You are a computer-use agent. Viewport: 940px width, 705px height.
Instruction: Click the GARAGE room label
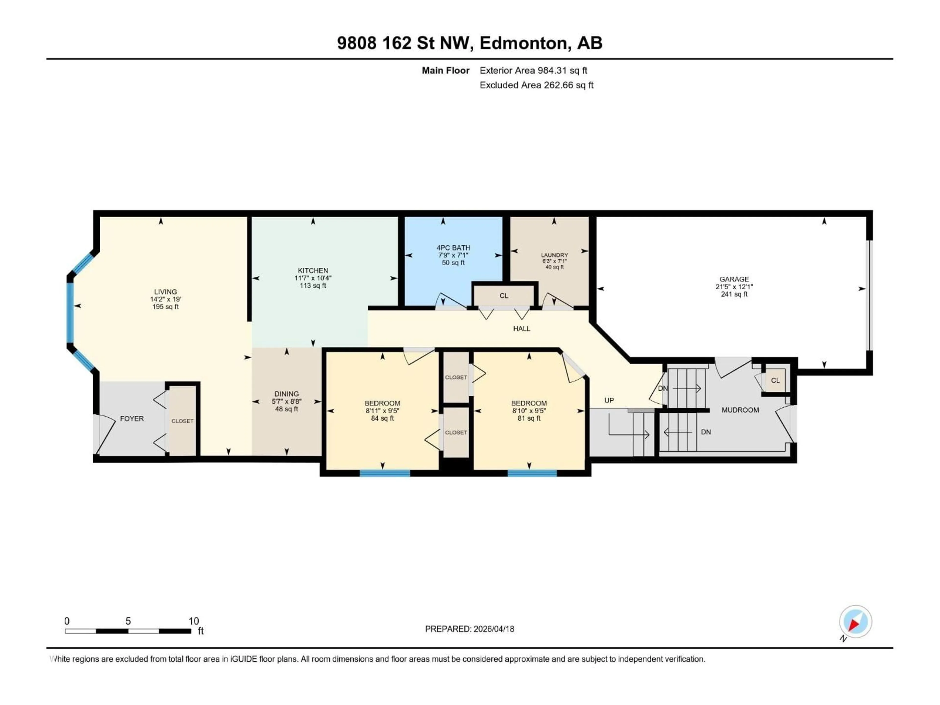click(734, 279)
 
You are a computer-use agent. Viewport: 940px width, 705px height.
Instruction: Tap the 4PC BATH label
click(453, 248)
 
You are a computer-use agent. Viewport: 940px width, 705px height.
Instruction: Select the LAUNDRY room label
click(554, 255)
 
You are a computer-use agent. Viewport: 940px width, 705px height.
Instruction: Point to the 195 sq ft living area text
click(165, 307)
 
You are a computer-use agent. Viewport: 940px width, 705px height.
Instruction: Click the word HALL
click(521, 329)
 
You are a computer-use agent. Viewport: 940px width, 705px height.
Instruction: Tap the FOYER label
click(132, 419)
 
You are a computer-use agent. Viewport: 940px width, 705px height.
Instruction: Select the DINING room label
click(286, 394)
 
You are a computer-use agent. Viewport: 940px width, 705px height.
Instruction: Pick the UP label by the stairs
click(609, 400)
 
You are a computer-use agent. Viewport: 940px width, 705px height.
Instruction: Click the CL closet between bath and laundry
click(504, 296)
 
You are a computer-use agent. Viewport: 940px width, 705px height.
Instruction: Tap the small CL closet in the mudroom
click(775, 380)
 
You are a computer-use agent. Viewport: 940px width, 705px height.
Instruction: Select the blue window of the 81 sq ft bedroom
click(532, 473)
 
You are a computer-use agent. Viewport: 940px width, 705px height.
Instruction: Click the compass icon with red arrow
click(856, 622)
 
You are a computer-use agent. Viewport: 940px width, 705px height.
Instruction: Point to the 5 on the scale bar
click(128, 621)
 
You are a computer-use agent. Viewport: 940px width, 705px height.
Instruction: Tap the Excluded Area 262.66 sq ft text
click(536, 85)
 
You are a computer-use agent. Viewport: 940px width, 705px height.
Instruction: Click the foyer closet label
click(182, 421)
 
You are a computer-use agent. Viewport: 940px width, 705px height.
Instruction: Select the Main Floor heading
click(445, 70)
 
